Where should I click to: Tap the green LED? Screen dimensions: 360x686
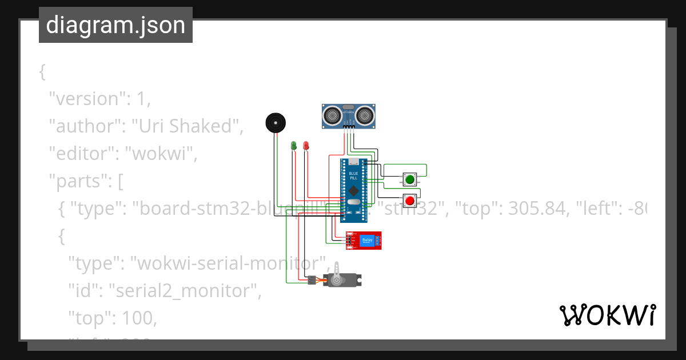[294, 146]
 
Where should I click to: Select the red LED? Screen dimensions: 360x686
[306, 146]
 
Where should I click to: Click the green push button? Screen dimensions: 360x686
[409, 179]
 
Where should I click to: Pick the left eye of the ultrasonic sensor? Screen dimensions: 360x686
[332, 116]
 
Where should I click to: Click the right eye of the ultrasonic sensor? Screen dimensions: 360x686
[364, 116]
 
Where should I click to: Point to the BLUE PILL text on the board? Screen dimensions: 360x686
[353, 176]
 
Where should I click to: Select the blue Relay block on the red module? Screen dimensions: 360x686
[368, 241]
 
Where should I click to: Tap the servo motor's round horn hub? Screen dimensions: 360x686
[337, 280]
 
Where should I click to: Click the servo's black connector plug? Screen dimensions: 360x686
[312, 281]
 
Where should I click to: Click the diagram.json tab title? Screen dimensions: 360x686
[115, 25]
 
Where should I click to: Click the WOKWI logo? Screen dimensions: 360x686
[607, 315]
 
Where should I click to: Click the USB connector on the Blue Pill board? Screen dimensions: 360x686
[353, 161]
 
